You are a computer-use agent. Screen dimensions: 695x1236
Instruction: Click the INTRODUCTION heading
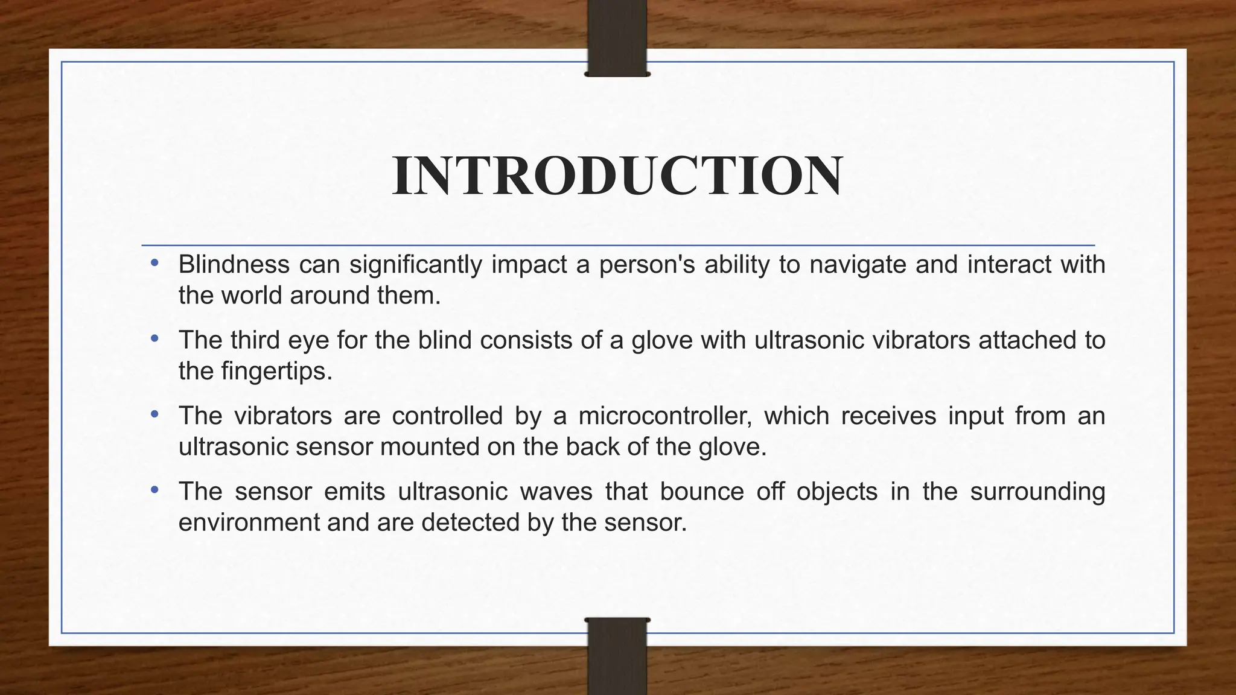[x=617, y=176]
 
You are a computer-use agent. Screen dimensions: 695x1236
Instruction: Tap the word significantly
[x=415, y=265]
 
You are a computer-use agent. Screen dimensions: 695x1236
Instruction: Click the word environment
[x=249, y=522]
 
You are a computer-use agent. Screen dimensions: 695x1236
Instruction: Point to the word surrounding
[x=1037, y=492]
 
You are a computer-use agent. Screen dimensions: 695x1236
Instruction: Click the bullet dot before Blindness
[x=155, y=263]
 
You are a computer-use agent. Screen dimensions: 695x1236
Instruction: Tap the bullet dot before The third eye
[x=155, y=339]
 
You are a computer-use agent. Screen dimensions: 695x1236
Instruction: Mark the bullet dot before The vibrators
[x=155, y=414]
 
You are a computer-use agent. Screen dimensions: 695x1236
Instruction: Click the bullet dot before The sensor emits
[x=155, y=490]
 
